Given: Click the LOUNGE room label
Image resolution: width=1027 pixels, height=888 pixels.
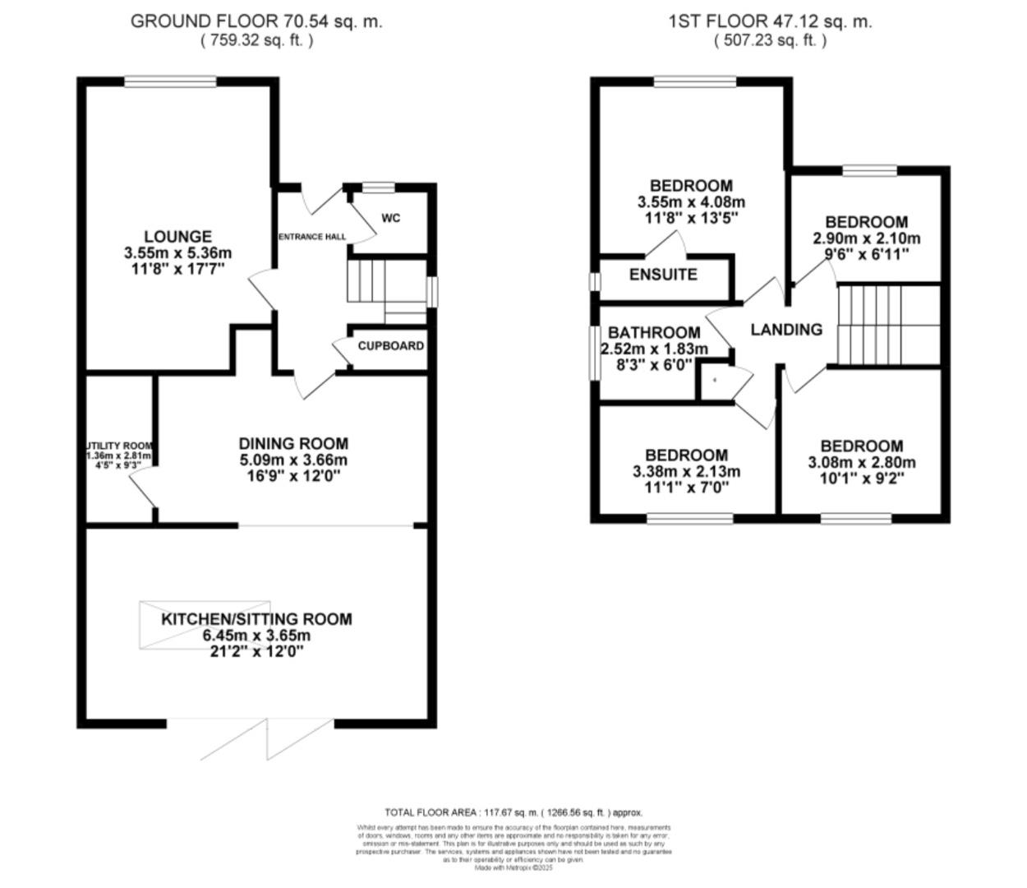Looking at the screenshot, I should click(177, 237).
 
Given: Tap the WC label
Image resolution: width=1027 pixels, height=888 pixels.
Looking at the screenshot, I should click(390, 218).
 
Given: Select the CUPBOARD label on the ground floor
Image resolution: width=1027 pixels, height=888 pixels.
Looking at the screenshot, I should click(391, 346).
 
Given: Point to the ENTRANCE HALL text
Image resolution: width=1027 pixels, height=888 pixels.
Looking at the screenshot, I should click(312, 237).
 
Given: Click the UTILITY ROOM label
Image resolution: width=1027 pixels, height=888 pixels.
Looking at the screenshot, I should click(120, 446).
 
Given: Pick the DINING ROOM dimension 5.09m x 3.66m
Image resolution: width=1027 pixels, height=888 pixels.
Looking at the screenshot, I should click(292, 460).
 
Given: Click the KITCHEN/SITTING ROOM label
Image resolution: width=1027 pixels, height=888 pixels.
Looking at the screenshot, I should click(256, 619).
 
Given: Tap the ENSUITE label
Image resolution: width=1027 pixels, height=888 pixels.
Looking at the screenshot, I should click(663, 275).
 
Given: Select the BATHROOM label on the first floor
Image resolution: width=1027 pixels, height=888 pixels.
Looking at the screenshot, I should click(654, 332).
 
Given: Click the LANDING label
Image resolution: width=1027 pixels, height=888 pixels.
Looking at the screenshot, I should click(786, 330).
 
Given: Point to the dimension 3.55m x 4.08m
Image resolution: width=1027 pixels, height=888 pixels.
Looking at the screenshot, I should click(691, 202).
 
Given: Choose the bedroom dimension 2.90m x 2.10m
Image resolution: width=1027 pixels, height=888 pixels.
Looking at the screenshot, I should click(867, 238).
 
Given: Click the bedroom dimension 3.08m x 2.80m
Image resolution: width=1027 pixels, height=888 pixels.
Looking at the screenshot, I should click(862, 462).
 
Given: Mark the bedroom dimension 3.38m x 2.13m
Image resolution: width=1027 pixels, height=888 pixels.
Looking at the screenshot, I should click(686, 471).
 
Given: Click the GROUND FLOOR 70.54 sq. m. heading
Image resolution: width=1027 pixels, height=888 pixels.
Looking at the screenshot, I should click(256, 21).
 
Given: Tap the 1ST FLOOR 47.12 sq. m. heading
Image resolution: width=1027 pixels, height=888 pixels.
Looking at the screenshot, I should click(770, 21).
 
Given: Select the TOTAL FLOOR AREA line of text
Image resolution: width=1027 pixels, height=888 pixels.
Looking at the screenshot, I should click(513, 812).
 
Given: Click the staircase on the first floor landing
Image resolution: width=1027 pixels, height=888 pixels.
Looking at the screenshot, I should click(888, 324).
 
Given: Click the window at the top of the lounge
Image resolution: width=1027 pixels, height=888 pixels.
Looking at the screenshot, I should click(171, 81).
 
